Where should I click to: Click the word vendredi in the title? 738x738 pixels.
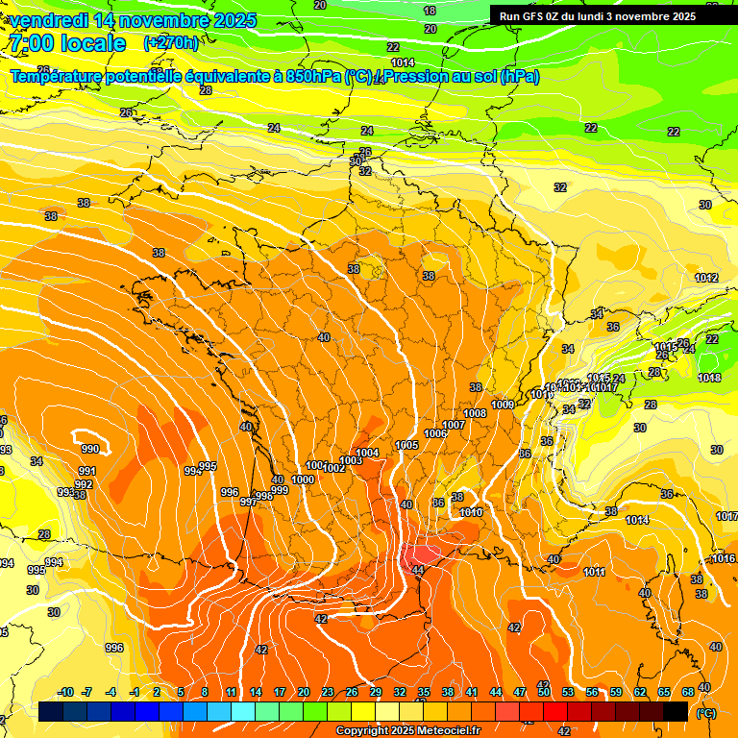pyautogui.click(x=46, y=20)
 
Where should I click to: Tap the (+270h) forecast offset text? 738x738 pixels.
pyautogui.click(x=171, y=43)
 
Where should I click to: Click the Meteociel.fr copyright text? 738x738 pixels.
pyautogui.click(x=407, y=731)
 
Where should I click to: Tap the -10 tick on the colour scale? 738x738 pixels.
pyautogui.click(x=65, y=692)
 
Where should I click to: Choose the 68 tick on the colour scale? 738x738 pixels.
pyautogui.click(x=688, y=692)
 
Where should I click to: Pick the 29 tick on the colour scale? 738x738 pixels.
pyautogui.click(x=376, y=692)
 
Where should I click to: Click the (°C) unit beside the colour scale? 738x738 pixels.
pyautogui.click(x=706, y=712)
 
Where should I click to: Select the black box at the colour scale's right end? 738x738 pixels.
pyautogui.click(x=676, y=711)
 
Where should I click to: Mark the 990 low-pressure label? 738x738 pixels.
pyautogui.click(x=89, y=449)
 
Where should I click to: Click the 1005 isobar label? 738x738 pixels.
pyautogui.click(x=406, y=445)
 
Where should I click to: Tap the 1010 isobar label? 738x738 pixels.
pyautogui.click(x=471, y=512)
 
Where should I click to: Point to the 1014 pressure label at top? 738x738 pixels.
pyautogui.click(x=404, y=62)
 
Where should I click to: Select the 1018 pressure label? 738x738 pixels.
pyautogui.click(x=709, y=378)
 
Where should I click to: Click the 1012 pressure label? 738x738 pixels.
pyautogui.click(x=706, y=278)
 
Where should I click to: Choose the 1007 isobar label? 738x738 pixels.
pyautogui.click(x=454, y=425)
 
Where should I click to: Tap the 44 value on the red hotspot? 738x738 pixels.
pyautogui.click(x=417, y=570)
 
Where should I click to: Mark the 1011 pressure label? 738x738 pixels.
pyautogui.click(x=594, y=572)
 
